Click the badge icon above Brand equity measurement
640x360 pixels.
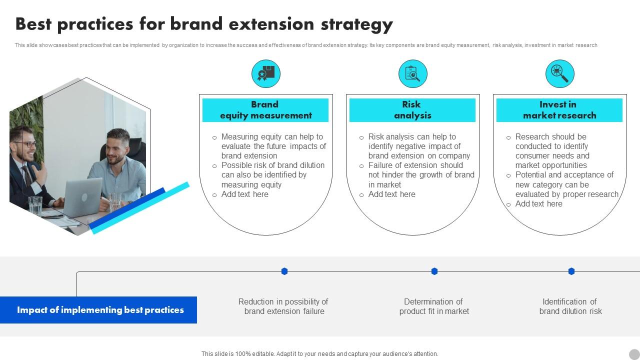coord(265,74)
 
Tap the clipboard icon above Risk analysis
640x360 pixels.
coord(412,74)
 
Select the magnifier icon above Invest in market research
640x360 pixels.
coord(559,74)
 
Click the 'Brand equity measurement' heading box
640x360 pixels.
coord(265,110)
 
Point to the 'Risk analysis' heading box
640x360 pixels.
coord(412,110)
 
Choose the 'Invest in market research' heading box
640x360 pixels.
coord(559,110)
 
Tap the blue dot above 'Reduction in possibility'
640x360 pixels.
coord(284,271)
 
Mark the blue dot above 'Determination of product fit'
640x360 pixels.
coord(434,271)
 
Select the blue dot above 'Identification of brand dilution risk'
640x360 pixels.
coord(571,271)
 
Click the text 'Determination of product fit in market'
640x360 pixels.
coord(434,306)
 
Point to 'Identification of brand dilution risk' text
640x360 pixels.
coord(570,306)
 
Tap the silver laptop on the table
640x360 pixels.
coord(82,196)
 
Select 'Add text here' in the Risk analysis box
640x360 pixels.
coord(391,194)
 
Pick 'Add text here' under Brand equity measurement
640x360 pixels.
coord(244,194)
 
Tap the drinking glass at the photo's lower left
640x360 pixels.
coord(35,205)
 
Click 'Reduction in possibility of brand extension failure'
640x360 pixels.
coord(283,306)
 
